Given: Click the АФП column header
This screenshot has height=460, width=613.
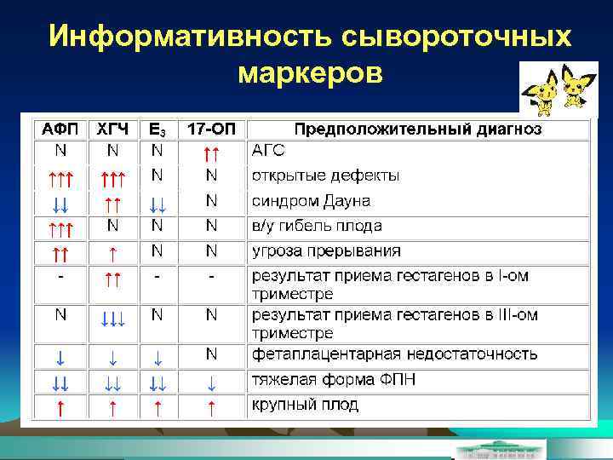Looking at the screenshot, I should click(60, 130).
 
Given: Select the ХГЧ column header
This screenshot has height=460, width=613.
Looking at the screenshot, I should click(112, 130).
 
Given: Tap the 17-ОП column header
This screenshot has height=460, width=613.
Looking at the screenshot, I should click(211, 130).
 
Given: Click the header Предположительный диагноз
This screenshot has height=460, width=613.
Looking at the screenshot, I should click(417, 130).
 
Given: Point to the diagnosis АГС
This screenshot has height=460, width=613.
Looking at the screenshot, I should click(268, 152).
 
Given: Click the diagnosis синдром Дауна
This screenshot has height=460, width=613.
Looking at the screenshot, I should click(311, 202).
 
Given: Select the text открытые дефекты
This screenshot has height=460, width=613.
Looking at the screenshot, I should click(325, 176).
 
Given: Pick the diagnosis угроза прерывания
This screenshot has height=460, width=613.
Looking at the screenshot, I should click(326, 252).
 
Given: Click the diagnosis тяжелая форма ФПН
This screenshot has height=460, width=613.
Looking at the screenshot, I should click(330, 379).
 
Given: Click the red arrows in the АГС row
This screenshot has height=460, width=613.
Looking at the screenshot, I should click(212, 154).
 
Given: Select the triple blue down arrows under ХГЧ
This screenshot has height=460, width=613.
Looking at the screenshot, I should click(112, 318).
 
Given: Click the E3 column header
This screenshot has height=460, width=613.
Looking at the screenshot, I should click(158, 130).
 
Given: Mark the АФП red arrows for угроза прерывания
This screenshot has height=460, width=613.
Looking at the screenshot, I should click(60, 254).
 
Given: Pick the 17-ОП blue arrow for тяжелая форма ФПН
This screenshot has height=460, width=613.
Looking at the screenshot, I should click(212, 381).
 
